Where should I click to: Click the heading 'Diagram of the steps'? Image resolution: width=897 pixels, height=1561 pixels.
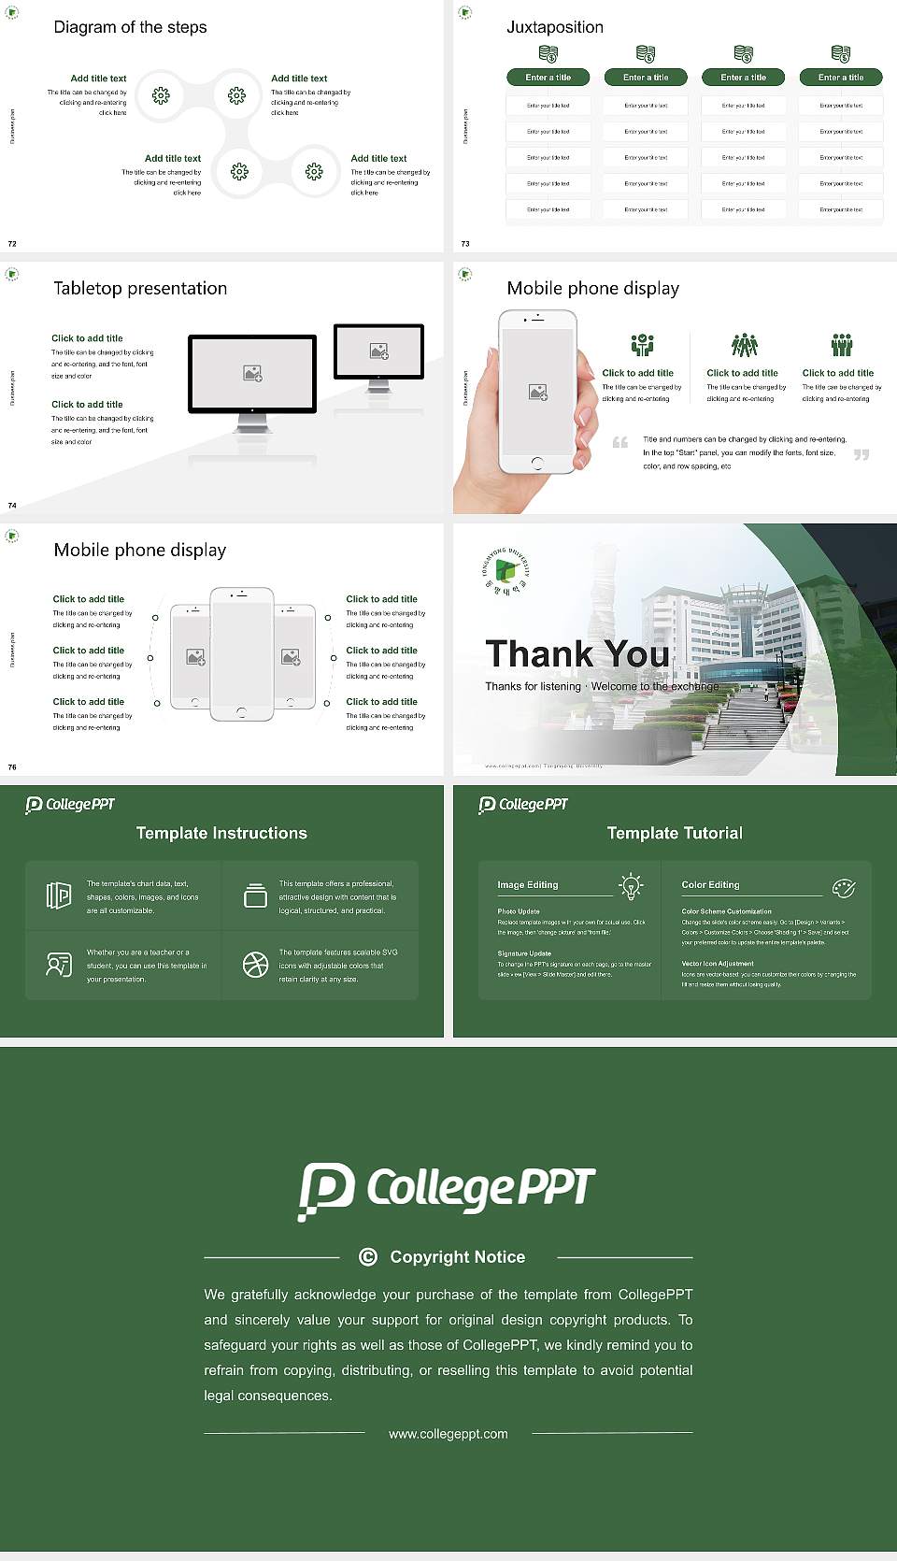[x=130, y=27]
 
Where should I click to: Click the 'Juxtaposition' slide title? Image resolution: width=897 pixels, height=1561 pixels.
[x=554, y=27]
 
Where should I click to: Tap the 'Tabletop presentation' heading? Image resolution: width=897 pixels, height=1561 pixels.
[x=140, y=288]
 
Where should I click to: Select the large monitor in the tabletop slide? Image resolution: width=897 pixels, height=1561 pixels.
[x=252, y=374]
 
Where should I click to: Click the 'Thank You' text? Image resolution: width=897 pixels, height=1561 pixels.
[x=577, y=653]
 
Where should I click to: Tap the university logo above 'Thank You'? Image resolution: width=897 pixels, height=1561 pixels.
[x=505, y=571]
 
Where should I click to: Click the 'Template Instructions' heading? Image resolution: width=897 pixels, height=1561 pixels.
[x=221, y=833]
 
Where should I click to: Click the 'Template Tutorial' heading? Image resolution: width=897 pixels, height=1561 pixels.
[x=674, y=833]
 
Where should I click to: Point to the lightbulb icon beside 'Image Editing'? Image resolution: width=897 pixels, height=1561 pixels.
[x=631, y=886]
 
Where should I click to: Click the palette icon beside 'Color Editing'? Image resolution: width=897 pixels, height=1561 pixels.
[x=843, y=887]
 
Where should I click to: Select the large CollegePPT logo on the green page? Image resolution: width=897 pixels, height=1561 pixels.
[x=447, y=1190]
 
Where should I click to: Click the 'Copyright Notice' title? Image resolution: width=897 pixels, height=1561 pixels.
[x=457, y=1257]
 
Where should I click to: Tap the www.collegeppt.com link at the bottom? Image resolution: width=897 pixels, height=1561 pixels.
[x=448, y=1434]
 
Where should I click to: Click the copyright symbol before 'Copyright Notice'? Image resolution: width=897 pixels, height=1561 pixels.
[x=368, y=1257]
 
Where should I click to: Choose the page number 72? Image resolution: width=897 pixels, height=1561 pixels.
[x=12, y=243]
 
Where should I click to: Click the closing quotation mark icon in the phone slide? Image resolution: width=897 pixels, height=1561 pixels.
[x=861, y=454]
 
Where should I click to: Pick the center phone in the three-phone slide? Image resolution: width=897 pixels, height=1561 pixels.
[x=241, y=654]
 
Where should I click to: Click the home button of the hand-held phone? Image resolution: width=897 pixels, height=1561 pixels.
[x=536, y=463]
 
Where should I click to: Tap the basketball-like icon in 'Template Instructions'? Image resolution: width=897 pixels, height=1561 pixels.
[x=255, y=965]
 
